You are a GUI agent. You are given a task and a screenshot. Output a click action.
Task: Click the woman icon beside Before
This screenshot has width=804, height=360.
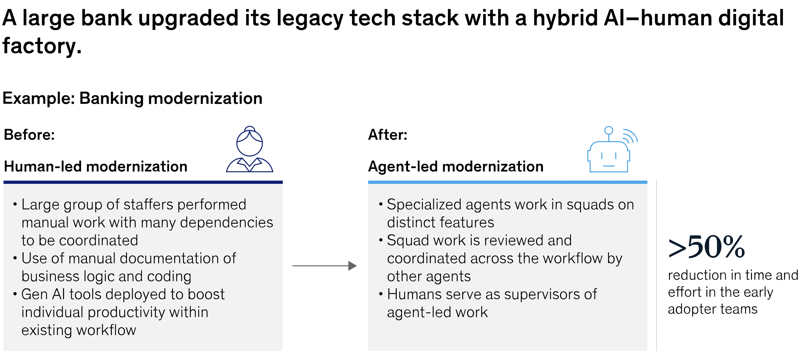pos(249,149)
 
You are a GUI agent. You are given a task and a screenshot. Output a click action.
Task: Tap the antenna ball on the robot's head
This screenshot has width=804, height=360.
pos(608,131)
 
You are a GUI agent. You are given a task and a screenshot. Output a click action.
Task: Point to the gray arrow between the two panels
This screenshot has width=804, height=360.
pos(324,266)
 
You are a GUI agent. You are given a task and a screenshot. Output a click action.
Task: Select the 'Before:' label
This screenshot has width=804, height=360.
pos(29,135)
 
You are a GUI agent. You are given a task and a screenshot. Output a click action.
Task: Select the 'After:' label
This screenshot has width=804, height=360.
pos(388,135)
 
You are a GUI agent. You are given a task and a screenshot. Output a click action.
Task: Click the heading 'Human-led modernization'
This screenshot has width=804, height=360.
pos(96,167)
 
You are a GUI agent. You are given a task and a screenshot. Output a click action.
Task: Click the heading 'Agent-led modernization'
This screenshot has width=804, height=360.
pos(456,167)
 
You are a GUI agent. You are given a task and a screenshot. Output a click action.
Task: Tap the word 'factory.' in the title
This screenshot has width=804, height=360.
pos(42,46)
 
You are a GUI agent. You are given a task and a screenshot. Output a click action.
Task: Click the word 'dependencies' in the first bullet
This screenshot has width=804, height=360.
pos(227,222)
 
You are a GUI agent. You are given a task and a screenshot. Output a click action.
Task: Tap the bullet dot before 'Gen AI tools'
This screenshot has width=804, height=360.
pos(15,294)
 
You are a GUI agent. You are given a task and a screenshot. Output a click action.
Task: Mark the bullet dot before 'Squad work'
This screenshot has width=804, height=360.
pos(381,240)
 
